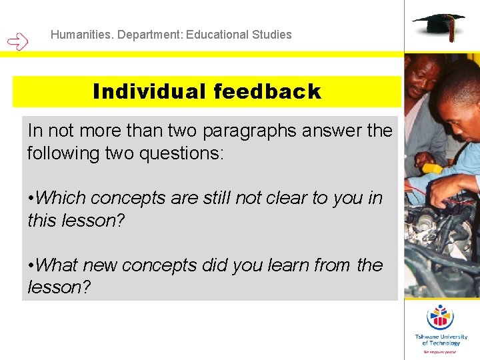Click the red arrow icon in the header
pyautogui.click(x=18, y=42)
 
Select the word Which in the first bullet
pyautogui.click(x=61, y=198)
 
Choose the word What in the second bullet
pyautogui.click(x=59, y=265)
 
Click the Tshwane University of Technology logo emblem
pyautogui.click(x=440, y=316)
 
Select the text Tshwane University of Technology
pyautogui.click(x=441, y=340)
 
